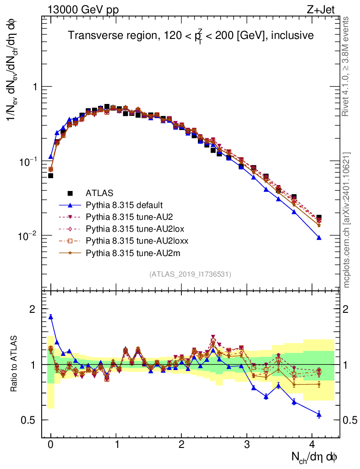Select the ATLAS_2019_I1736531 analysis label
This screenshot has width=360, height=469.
point(190,274)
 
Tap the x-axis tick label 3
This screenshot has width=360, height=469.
point(247,445)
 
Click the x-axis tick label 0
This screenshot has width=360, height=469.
point(50,445)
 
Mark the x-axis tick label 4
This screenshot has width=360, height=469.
point(312,445)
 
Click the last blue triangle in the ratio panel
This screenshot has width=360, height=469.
point(319,414)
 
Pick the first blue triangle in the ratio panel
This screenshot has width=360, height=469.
point(51,316)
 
